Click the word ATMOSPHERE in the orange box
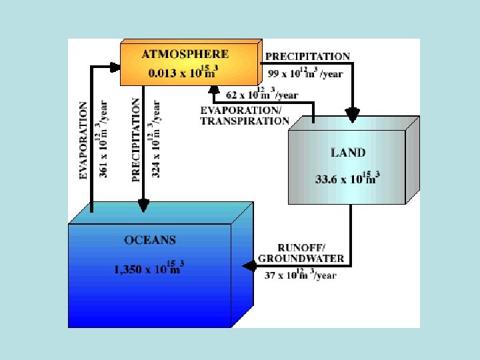(x=185, y=54)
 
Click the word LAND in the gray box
(x=348, y=152)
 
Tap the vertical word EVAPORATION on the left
(x=83, y=140)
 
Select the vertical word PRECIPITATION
(x=137, y=140)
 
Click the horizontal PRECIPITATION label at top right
(x=307, y=57)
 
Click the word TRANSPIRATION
(x=245, y=121)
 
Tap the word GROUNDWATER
(x=301, y=258)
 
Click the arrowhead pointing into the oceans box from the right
(x=247, y=266)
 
